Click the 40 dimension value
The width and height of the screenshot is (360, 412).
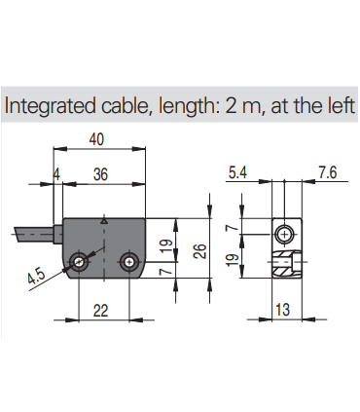pyautogui.click(x=96, y=139)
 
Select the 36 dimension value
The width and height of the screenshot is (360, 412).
pyautogui.click(x=100, y=174)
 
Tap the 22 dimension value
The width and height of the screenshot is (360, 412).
pyautogui.click(x=100, y=311)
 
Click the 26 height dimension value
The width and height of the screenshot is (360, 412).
pyautogui.click(x=200, y=250)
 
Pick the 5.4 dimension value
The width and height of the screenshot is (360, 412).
pyautogui.click(x=237, y=172)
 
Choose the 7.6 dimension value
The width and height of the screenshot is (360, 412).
pyautogui.click(x=327, y=172)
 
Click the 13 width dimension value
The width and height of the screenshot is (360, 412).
pyautogui.click(x=282, y=310)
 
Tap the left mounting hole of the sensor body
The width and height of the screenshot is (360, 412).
pyautogui.click(x=79, y=262)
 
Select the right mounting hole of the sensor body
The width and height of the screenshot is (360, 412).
pyautogui.click(x=129, y=262)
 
